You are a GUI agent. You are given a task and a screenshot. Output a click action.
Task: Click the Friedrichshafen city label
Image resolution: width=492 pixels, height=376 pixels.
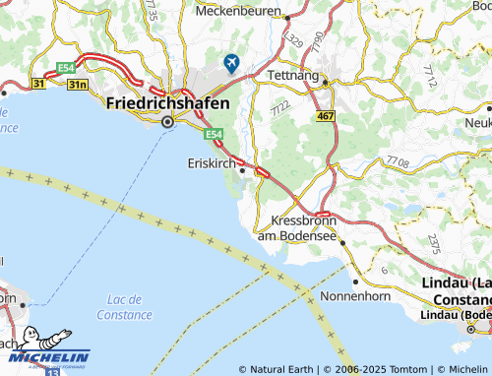pyautogui.click(x=167, y=103)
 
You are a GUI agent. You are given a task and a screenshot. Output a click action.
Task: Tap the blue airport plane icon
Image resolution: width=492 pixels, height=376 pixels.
pyautogui.click(x=232, y=63)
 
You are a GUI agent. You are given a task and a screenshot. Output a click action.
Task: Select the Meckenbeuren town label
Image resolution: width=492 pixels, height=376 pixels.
pyautogui.click(x=239, y=12)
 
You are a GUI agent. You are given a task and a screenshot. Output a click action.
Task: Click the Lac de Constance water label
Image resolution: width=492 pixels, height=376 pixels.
pyautogui.click(x=124, y=307)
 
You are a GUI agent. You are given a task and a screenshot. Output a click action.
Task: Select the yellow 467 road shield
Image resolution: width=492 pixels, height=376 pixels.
pyautogui.click(x=327, y=116)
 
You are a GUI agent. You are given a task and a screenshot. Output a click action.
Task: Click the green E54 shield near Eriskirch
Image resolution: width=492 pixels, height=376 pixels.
pyautogui.click(x=215, y=132)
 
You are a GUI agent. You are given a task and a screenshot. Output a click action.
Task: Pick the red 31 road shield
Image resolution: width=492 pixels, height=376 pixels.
pyautogui.click(x=39, y=84)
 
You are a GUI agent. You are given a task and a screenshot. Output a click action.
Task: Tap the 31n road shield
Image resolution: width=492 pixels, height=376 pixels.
pyautogui.click(x=77, y=88)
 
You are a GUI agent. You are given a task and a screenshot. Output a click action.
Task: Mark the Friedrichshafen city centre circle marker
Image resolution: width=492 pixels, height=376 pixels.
pyautogui.click(x=167, y=122)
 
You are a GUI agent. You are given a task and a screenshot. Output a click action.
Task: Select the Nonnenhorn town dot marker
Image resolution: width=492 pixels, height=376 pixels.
pyautogui.click(x=343, y=268)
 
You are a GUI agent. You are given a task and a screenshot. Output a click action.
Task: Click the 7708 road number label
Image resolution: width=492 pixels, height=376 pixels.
pyautogui.click(x=398, y=159)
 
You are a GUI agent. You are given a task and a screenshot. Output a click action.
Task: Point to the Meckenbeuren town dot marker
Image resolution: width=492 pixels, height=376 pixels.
pyautogui.click(x=286, y=17)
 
